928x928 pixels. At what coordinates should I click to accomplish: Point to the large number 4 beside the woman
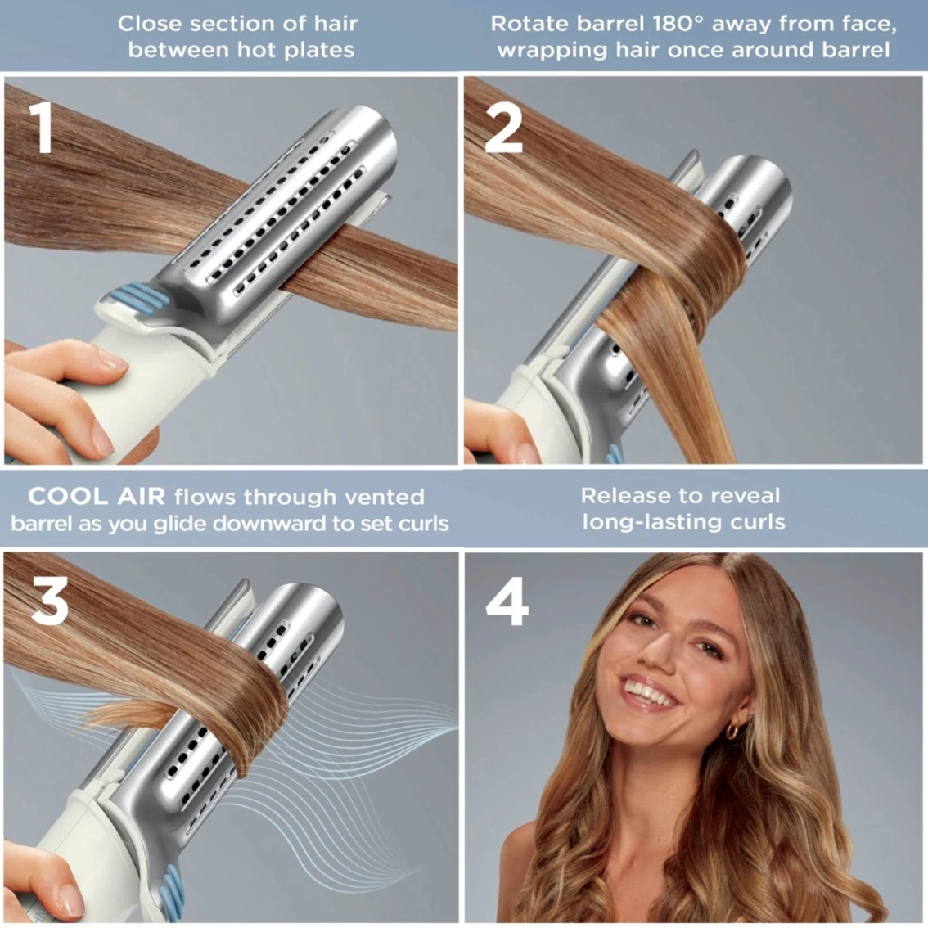pos(507,603)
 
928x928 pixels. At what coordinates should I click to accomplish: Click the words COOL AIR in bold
pos(97,496)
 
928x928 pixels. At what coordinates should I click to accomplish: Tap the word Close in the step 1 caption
pos(148,24)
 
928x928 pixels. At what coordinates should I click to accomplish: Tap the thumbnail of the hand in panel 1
pos(110,358)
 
